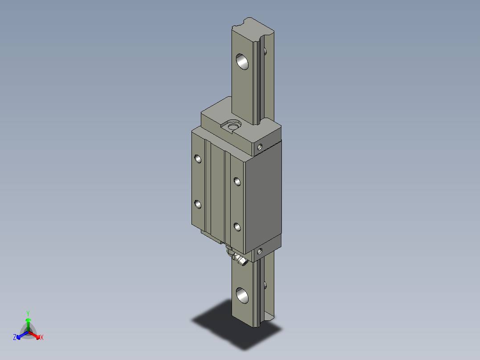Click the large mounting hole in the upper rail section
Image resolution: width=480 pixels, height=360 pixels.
(243, 61)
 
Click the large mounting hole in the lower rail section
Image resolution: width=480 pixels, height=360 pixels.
(243, 295)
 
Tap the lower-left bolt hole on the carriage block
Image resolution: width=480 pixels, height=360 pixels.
(198, 204)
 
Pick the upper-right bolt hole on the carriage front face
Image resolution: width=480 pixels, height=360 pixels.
(237, 181)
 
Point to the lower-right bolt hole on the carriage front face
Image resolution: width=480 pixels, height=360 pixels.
(237, 227)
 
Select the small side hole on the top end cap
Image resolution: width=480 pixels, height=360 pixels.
(260, 146)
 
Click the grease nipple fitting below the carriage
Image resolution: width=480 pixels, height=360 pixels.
(239, 260)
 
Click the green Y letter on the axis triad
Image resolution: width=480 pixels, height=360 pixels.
(28, 313)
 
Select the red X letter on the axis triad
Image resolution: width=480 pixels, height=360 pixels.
(42, 338)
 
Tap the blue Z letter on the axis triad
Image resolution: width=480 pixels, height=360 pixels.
(15, 338)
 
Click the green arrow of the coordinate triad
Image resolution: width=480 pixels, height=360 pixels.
(28, 323)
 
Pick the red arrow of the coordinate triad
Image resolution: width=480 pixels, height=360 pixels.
(36, 335)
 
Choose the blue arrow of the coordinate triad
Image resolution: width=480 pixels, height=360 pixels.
(21, 335)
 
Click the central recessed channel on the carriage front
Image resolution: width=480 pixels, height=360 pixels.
(217, 192)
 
